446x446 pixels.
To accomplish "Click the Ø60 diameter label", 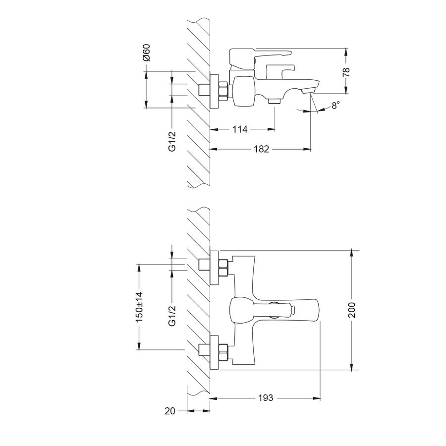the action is coord(147,53).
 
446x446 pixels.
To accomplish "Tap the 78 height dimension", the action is coord(346,72).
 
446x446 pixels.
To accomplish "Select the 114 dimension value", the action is coord(240,129).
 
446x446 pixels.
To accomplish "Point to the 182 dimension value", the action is coord(261,149).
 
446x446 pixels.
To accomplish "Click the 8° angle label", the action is coord(335,105).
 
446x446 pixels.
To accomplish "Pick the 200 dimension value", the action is coord(351,310).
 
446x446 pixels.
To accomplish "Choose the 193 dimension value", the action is coord(266,397).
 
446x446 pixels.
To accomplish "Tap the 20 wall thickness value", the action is coord(170,411).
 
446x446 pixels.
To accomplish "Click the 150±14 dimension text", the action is coord(139,307).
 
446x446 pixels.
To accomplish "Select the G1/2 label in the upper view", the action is coord(172,141).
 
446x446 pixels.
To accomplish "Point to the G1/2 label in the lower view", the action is coord(172,316).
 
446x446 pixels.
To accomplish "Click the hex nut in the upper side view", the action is coord(223,91).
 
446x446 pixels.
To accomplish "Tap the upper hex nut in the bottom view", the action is coord(223,268).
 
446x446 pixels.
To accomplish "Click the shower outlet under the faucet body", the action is coord(275,101).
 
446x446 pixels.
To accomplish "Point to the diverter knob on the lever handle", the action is coord(292,310).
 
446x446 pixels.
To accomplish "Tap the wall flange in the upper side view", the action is coord(214,91).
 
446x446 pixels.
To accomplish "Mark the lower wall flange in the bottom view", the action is coord(214,353).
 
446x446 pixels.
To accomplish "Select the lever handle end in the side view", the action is coord(287,53).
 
